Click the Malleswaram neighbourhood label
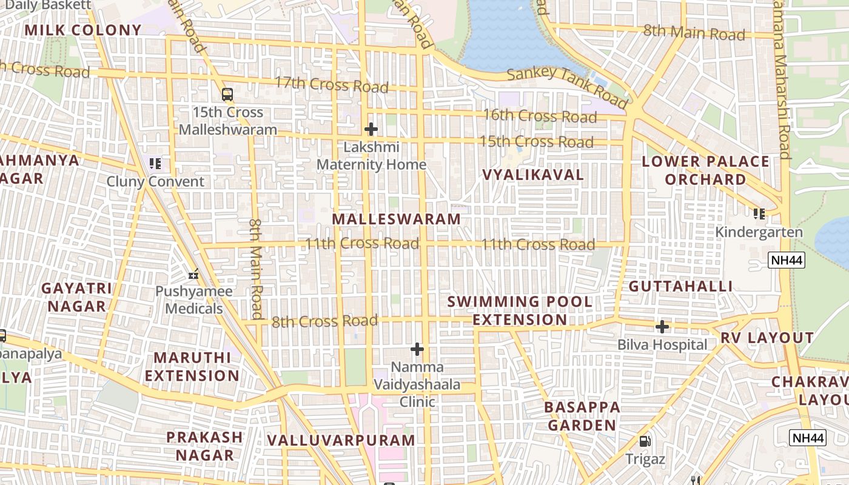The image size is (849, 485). tap(397, 219)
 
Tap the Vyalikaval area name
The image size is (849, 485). tap(533, 175)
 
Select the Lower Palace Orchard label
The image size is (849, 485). tap(705, 170)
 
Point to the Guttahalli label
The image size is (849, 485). tap(680, 286)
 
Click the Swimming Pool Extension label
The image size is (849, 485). tap(520, 310)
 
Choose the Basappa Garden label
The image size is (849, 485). tap(582, 416)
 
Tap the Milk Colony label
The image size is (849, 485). tap(83, 30)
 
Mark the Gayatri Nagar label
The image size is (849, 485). tap(77, 297)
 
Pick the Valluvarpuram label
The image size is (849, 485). tap(341, 440)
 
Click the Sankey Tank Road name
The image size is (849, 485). tap(567, 87)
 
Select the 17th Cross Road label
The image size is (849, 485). tap(331, 84)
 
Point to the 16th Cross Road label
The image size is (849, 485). tap(540, 116)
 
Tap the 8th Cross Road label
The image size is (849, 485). tap(324, 321)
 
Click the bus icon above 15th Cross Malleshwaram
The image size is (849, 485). tap(227, 95)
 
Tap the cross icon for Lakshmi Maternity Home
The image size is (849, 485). tap(371, 129)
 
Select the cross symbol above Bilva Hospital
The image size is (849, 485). tap(662, 327)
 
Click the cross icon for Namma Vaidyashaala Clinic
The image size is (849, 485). tap(417, 349)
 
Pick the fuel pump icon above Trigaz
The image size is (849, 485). tap(645, 441)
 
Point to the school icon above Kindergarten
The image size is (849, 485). tap(759, 213)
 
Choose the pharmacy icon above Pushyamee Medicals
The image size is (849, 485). tap(193, 274)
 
